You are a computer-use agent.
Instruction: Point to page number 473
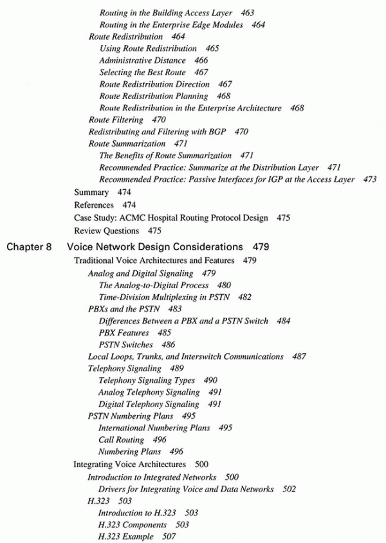[x=370, y=180]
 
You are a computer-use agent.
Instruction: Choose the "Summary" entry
[x=92, y=192]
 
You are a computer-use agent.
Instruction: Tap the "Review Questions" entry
[x=107, y=230]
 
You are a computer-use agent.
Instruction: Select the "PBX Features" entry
[x=124, y=333]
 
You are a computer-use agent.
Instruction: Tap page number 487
[x=299, y=356]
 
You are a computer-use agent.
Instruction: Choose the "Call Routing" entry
[x=124, y=440]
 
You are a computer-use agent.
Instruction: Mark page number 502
[x=289, y=489]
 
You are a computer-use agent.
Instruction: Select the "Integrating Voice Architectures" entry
[x=130, y=464]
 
